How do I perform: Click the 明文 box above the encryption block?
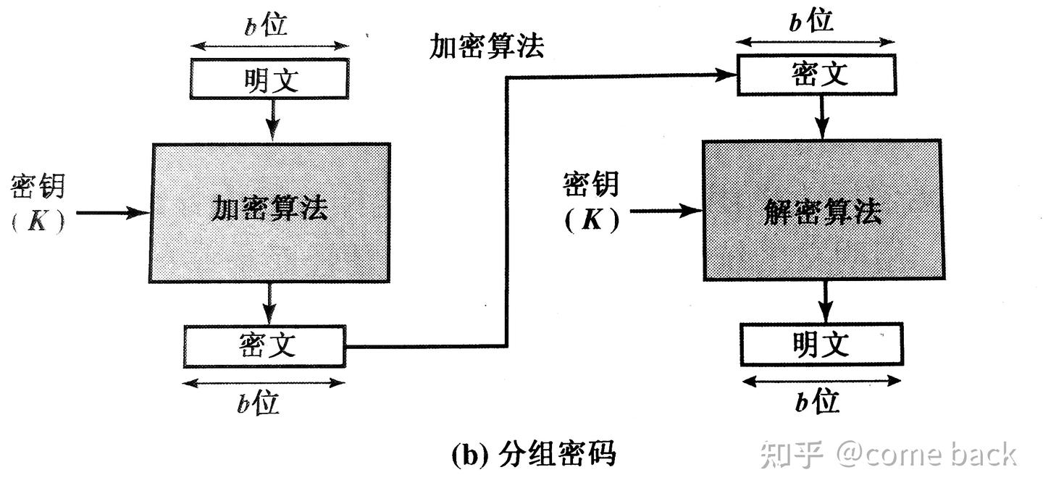269,78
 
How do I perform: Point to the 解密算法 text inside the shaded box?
822,211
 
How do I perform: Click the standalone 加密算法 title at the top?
486,46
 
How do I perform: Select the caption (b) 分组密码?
533,454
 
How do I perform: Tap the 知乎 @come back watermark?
887,455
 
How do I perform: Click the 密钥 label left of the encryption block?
38,187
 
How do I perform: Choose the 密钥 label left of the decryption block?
591,184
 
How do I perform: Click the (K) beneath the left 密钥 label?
38,222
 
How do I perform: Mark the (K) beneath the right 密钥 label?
592,219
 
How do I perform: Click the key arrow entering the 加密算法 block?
112,213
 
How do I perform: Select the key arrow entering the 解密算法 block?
666,211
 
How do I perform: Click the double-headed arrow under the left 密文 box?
264,382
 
